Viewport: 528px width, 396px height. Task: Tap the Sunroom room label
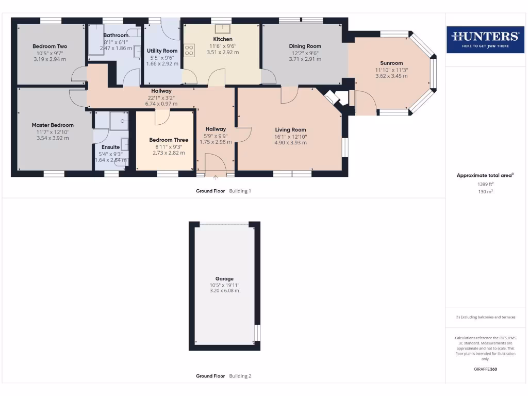point(391,63)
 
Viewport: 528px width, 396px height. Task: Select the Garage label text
point(224,278)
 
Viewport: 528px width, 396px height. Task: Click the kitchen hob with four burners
point(189,50)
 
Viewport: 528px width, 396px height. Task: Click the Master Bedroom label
point(53,125)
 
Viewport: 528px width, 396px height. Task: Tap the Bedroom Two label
point(49,46)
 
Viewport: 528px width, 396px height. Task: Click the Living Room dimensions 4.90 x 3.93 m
point(290,143)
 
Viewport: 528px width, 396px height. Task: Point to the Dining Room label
point(305,46)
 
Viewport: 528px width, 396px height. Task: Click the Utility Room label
point(162,51)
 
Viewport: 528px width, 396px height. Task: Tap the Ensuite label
point(110,147)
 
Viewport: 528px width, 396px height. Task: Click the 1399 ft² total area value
point(485,184)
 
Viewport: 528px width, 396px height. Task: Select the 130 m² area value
point(485,191)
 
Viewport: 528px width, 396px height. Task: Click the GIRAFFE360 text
point(485,369)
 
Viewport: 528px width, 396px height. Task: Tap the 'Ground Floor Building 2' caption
point(223,376)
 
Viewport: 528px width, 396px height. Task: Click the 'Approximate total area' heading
point(485,175)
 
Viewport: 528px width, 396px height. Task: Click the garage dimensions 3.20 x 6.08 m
point(224,291)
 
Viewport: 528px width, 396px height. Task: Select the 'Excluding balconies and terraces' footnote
point(485,317)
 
